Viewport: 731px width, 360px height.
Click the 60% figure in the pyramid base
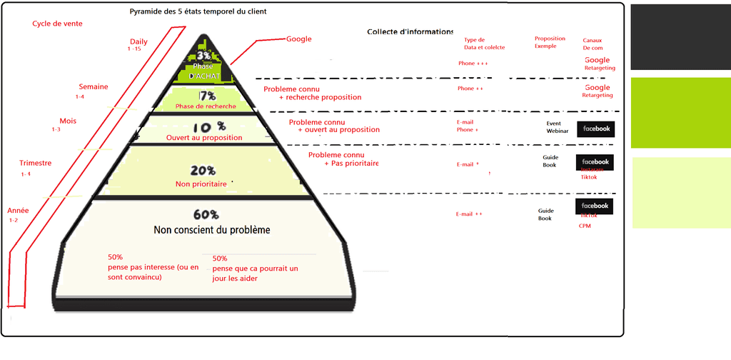pyautogui.click(x=206, y=214)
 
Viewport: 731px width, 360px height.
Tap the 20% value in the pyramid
pyautogui.click(x=203, y=171)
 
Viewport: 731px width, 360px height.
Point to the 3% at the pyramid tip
pyautogui.click(x=205, y=55)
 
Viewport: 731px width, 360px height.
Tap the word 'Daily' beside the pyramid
pyautogui.click(x=138, y=41)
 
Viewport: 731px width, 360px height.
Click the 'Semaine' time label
pyautogui.click(x=94, y=87)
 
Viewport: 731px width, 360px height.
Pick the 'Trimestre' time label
pyautogui.click(x=35, y=164)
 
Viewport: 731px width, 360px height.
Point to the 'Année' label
pyautogui.click(x=18, y=211)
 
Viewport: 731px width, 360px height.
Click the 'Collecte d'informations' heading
pyautogui.click(x=410, y=31)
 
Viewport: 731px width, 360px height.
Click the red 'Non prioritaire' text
pyautogui.click(x=201, y=184)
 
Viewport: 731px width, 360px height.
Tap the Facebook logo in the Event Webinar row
pyautogui.click(x=595, y=129)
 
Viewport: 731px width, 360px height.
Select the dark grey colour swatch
pyautogui.click(x=680, y=36)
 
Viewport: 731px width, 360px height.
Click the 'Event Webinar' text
pyautogui.click(x=557, y=127)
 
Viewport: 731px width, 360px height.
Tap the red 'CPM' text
pyautogui.click(x=585, y=226)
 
